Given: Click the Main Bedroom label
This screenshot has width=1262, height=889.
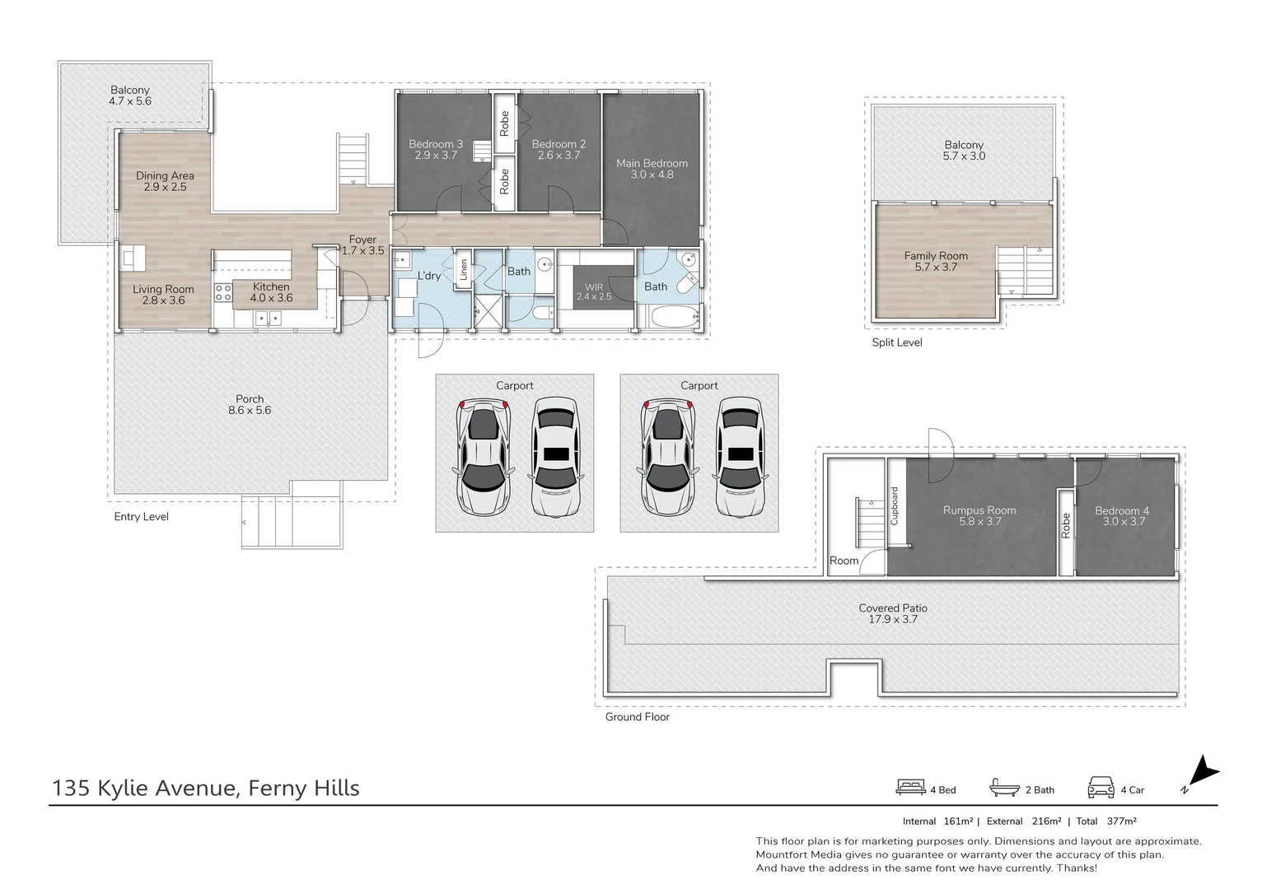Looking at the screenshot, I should [x=652, y=163].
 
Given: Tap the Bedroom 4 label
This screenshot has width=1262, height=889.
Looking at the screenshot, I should [x=1121, y=510].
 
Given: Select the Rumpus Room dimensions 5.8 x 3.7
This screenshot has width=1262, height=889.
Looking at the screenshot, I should [x=979, y=522].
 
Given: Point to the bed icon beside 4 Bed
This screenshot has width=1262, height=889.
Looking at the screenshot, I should [x=910, y=788].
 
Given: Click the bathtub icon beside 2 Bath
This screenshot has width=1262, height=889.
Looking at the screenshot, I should [x=1004, y=788].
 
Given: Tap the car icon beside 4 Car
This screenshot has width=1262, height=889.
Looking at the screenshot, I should [x=1101, y=788].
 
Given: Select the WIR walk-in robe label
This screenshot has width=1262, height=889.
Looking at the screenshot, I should [x=594, y=287].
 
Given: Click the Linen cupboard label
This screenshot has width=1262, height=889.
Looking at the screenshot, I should [x=463, y=269].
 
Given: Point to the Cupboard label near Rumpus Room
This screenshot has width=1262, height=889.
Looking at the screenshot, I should [x=895, y=505].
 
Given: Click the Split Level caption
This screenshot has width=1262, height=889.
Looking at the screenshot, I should [x=897, y=342].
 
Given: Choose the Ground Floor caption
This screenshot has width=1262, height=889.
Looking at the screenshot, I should [x=637, y=717].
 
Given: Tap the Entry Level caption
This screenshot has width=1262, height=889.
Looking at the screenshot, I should [x=141, y=517].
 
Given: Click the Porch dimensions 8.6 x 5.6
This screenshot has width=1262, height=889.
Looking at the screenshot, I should [x=250, y=410].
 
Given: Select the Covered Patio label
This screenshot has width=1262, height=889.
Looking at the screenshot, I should [x=892, y=608].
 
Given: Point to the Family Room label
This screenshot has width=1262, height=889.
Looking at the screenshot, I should [x=935, y=256].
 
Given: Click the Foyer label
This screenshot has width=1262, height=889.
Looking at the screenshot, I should [x=362, y=240].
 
